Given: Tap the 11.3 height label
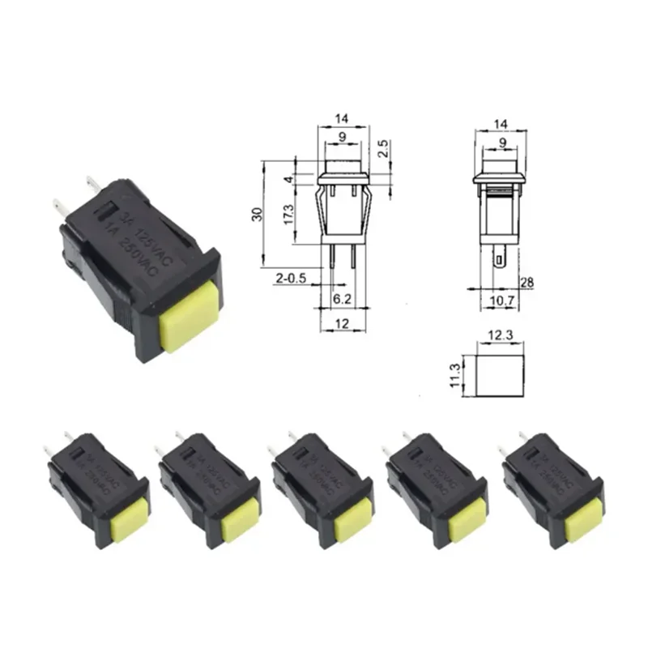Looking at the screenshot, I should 458,376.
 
